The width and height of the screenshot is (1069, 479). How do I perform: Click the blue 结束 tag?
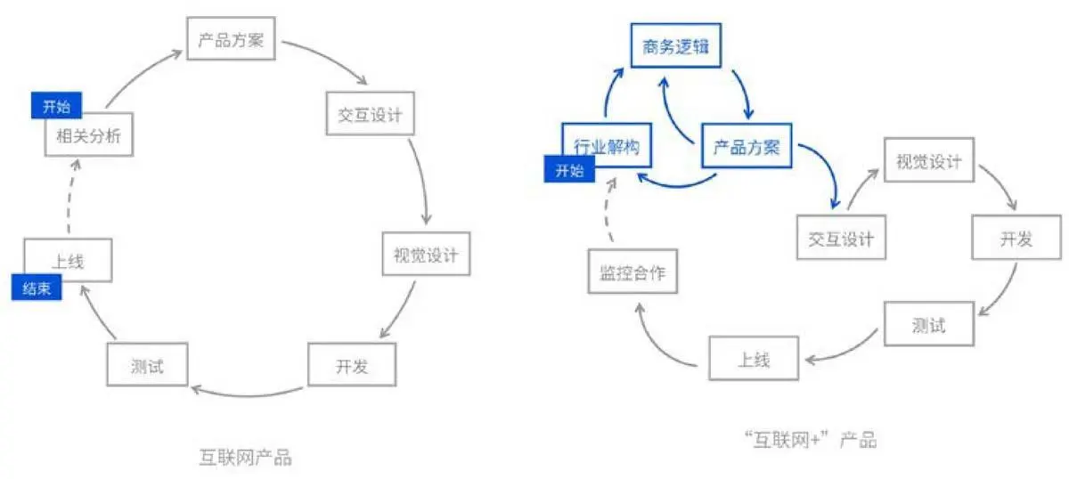tap(37, 288)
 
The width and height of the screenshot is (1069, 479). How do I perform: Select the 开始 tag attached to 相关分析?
tap(56, 107)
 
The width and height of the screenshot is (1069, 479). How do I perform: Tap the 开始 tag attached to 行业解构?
tap(569, 170)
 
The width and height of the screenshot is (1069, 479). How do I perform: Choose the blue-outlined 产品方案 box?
tap(747, 147)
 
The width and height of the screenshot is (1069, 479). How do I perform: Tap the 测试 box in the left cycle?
tap(147, 365)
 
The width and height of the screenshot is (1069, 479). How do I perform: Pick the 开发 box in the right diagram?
tap(1015, 239)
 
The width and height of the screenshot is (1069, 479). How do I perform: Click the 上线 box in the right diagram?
tap(753, 360)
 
